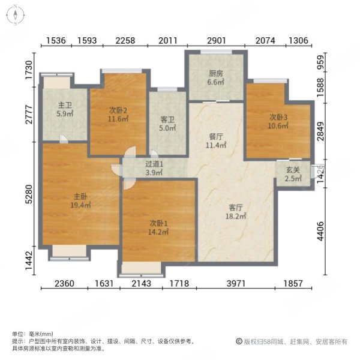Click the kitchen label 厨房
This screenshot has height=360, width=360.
[x=216, y=74]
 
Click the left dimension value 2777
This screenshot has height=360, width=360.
[x=28, y=114]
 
